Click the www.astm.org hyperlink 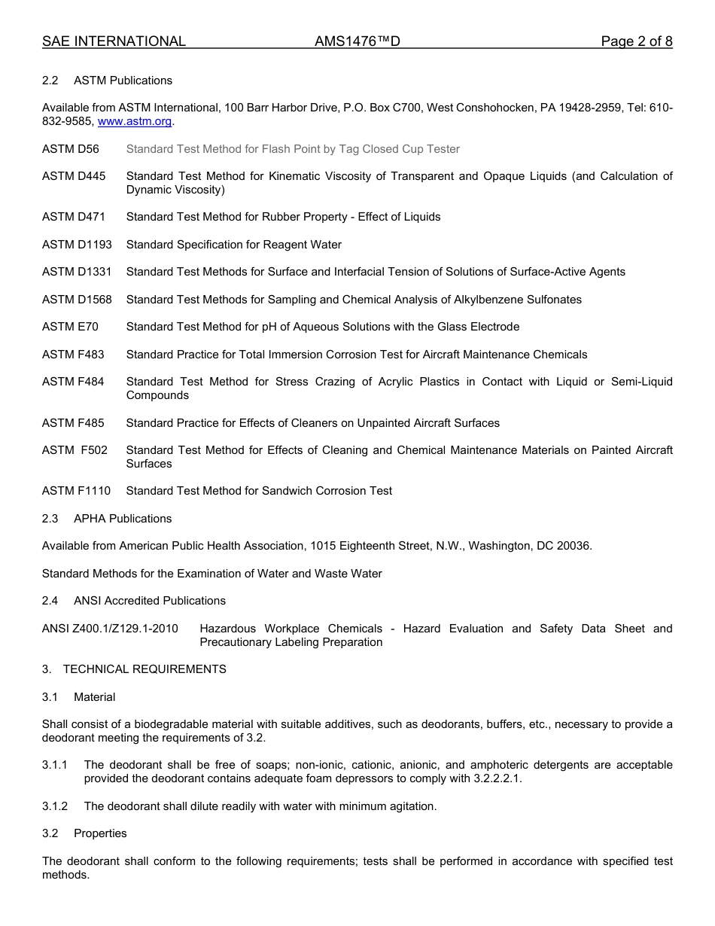(135, 121)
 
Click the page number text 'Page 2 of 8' (636, 41)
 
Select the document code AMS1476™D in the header (357, 41)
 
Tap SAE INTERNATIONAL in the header (114, 41)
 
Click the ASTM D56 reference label (70, 149)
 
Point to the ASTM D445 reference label (74, 176)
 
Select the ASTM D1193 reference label (77, 245)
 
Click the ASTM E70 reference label (70, 327)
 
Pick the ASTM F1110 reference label (76, 491)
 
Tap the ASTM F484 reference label (73, 382)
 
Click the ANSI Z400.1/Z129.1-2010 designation (110, 629)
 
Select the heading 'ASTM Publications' (123, 81)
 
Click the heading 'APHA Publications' (123, 519)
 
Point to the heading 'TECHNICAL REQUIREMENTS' (145, 669)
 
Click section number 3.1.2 (55, 806)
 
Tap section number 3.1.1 (55, 765)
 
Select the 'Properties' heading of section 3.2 (100, 833)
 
